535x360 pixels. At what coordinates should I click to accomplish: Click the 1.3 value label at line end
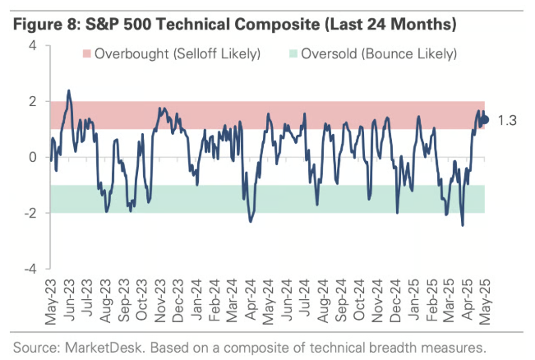507,120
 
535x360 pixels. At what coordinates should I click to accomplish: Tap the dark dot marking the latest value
485,120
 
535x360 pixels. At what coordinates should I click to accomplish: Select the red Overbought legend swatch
86,55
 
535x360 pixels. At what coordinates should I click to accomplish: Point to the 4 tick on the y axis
32,46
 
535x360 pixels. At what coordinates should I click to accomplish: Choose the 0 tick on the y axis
32,157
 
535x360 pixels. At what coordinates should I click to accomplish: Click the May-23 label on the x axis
51,301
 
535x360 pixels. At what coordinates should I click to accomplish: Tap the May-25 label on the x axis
485,301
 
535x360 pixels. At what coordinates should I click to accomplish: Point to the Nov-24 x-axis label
376,301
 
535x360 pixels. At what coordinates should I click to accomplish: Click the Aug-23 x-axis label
105,301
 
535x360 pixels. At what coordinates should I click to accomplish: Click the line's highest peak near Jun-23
68,90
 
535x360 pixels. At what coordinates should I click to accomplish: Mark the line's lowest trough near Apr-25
463,225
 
